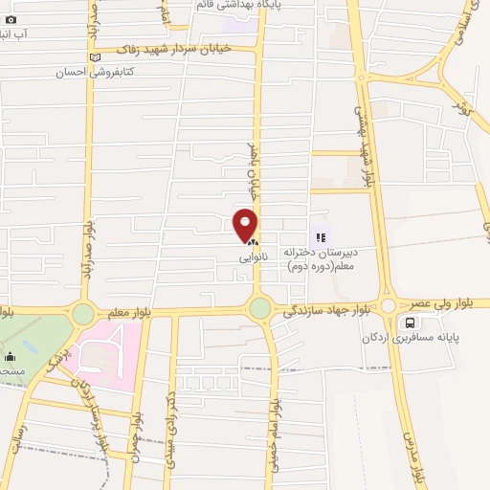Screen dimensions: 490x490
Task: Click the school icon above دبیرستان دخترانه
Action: [320, 234]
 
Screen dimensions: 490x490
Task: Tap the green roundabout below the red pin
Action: [259, 307]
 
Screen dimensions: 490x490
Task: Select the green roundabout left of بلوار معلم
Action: [83, 313]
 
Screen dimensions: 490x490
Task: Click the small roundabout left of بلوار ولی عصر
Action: [388, 306]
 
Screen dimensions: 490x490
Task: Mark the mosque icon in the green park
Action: [10, 356]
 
